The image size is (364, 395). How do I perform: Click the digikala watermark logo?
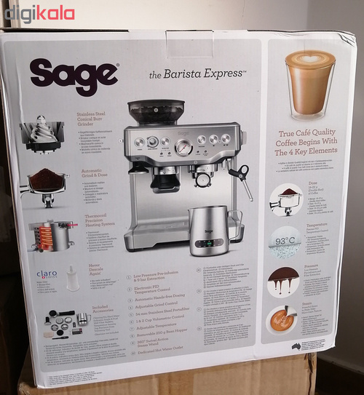39,13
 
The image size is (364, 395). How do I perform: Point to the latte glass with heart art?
309,84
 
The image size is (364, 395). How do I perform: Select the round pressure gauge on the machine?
185,148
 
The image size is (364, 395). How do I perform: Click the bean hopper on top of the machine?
156,111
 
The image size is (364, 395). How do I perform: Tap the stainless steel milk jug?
210,231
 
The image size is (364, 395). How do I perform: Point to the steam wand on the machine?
241,178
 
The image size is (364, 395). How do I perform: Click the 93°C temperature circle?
285,241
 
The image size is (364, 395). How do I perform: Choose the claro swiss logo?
47,276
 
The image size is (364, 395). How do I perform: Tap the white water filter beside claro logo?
73,278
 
